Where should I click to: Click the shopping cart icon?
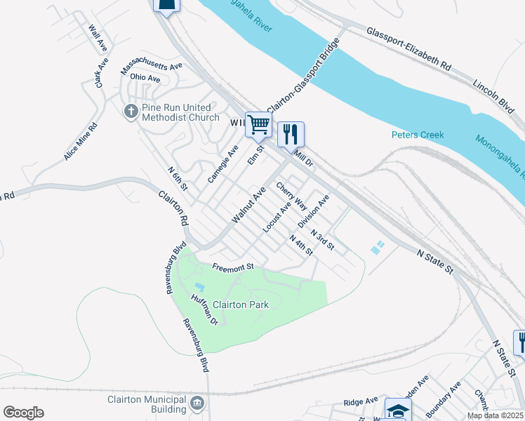(x=258, y=125)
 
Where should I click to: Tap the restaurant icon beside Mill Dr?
(x=291, y=133)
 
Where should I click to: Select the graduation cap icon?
(x=398, y=410)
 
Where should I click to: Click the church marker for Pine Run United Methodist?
(x=130, y=112)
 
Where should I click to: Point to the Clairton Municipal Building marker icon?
(x=197, y=403)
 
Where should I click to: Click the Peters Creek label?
(x=418, y=135)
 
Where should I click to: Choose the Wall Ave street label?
(x=97, y=38)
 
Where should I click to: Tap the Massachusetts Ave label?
(x=152, y=68)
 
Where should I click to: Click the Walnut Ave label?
(x=249, y=205)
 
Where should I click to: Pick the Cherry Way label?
(x=291, y=196)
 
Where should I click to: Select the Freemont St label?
(x=232, y=267)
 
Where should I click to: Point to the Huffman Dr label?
(x=205, y=308)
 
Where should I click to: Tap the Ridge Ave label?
(x=361, y=403)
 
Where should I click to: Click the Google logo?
(x=22, y=413)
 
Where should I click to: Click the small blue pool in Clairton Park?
(x=199, y=287)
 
